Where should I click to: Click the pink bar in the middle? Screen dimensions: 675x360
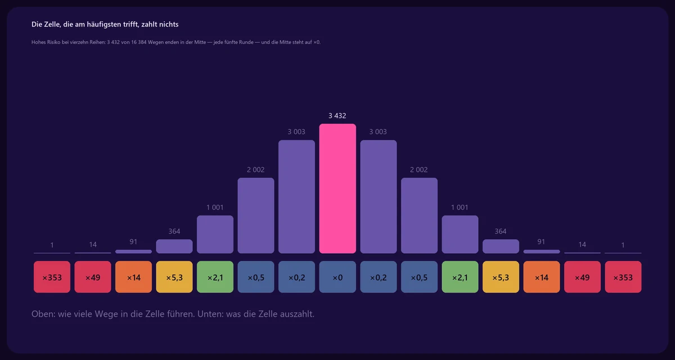[337, 188]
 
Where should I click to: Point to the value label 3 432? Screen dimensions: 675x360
[337, 116]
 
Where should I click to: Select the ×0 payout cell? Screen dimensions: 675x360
[337, 277]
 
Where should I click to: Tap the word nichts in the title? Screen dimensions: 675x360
[169, 24]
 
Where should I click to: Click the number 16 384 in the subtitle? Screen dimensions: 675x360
[138, 42]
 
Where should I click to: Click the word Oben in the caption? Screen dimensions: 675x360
[43, 314]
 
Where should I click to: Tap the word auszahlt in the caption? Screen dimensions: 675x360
[297, 314]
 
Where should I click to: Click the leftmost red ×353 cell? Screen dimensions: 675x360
[52, 277]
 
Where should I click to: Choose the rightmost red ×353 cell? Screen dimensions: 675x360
[623, 277]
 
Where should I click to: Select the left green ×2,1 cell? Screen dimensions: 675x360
[215, 277]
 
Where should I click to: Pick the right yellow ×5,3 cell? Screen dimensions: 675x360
[501, 277]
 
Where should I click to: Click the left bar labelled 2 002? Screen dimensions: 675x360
[256, 215]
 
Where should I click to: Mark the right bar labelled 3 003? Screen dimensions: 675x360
[379, 197]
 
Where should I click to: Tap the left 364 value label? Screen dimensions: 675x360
[174, 231]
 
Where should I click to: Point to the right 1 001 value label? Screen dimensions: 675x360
[460, 208]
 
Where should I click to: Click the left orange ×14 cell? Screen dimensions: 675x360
[133, 277]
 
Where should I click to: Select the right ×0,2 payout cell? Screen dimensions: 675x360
[379, 277]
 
